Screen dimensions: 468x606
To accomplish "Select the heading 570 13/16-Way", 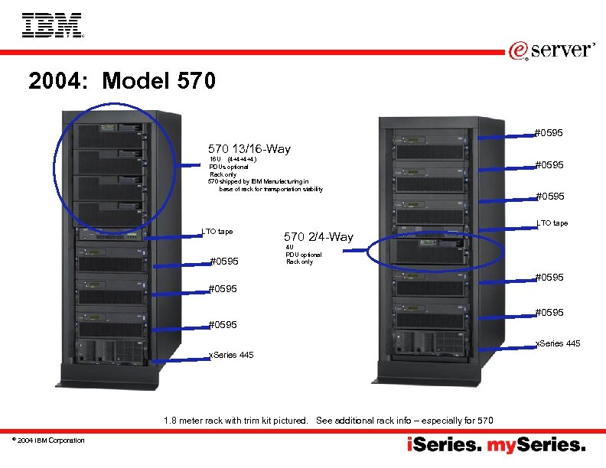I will (249, 149).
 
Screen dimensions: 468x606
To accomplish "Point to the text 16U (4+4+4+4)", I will (233, 159).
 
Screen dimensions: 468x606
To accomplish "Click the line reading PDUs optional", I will (228, 167).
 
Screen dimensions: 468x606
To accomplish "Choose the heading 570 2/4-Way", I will (318, 236).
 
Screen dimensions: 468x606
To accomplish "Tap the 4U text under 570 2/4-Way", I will (289, 247).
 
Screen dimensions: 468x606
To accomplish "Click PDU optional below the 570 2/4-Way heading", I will (304, 255).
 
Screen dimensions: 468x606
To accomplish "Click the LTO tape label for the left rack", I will (217, 231).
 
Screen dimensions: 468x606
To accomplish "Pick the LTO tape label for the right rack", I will (552, 223).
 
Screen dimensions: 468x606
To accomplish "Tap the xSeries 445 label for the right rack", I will (557, 343).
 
